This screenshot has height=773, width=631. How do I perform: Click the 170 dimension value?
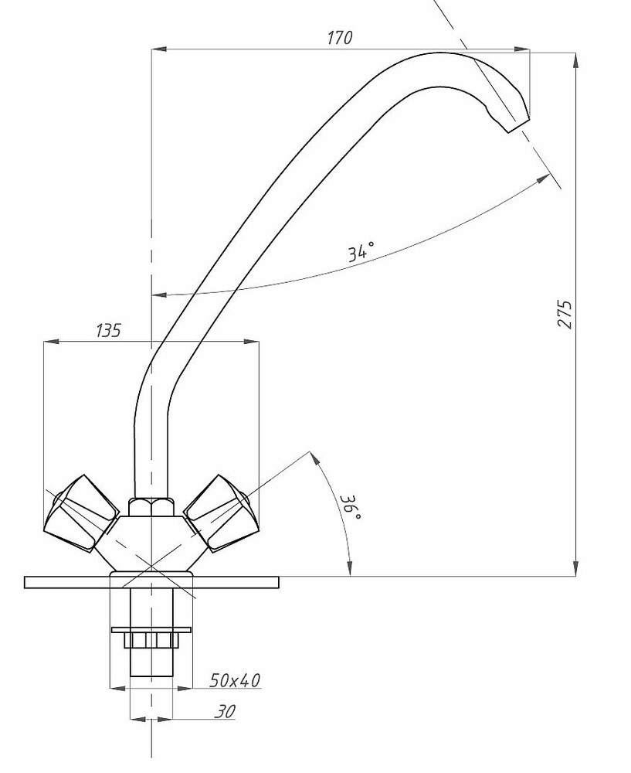[x=340, y=37]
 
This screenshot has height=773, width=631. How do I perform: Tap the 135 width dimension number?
[x=108, y=331]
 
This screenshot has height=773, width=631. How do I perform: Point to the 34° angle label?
[x=361, y=251]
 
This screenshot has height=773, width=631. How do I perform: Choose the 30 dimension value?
[x=226, y=710]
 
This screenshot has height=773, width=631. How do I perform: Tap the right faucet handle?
[x=217, y=512]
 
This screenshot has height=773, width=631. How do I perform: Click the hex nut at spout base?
[x=151, y=507]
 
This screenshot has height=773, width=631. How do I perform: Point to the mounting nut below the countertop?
[x=151, y=641]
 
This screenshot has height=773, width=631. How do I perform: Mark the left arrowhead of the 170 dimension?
[x=158, y=50]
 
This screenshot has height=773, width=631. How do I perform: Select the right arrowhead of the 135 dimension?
[x=250, y=341]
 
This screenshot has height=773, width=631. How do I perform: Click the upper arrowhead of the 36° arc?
[x=315, y=459]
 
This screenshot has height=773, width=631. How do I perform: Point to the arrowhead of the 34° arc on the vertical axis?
[x=158, y=295]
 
